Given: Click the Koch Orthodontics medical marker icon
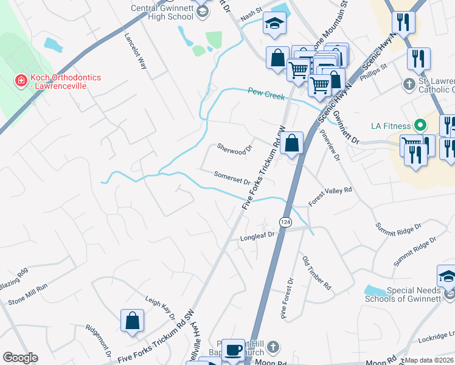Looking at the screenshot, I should (20, 80).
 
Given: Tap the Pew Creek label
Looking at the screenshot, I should (262, 92).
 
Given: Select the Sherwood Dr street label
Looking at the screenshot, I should (234, 148).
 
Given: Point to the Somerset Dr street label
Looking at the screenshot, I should (232, 178).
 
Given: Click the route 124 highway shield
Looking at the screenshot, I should (285, 220).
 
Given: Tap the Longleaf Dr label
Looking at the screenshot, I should (257, 235).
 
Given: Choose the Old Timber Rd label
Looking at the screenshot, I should (316, 272).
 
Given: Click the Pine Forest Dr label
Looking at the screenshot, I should (287, 298).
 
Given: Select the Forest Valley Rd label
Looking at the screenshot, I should (330, 193).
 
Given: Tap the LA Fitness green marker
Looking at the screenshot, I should (419, 126).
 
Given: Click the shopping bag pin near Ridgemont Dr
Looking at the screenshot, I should (132, 321).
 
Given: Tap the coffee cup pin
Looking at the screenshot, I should (232, 349).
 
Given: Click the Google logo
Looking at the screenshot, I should (20, 358).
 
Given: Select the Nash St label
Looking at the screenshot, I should (250, 14).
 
